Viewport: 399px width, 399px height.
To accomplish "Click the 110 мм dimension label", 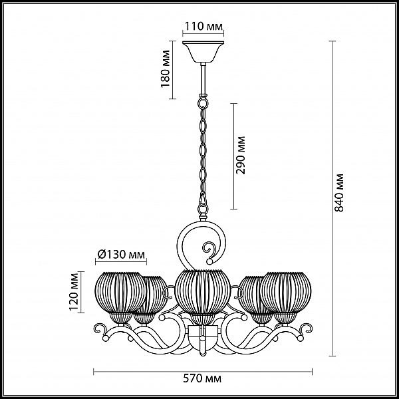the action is [x=203, y=26].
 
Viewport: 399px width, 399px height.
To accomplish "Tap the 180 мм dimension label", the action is [x=166, y=69].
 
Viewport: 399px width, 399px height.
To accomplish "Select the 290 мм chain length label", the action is [x=241, y=155].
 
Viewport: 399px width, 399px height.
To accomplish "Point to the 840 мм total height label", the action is [x=338, y=193].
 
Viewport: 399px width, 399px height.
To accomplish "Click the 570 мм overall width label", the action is [x=202, y=378].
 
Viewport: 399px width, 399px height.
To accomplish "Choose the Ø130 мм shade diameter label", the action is [x=121, y=254].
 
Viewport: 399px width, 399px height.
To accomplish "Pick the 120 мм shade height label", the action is [x=74, y=292].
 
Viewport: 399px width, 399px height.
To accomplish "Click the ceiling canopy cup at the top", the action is [x=203, y=52].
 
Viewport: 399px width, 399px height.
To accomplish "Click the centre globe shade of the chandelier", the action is [x=202, y=292].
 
